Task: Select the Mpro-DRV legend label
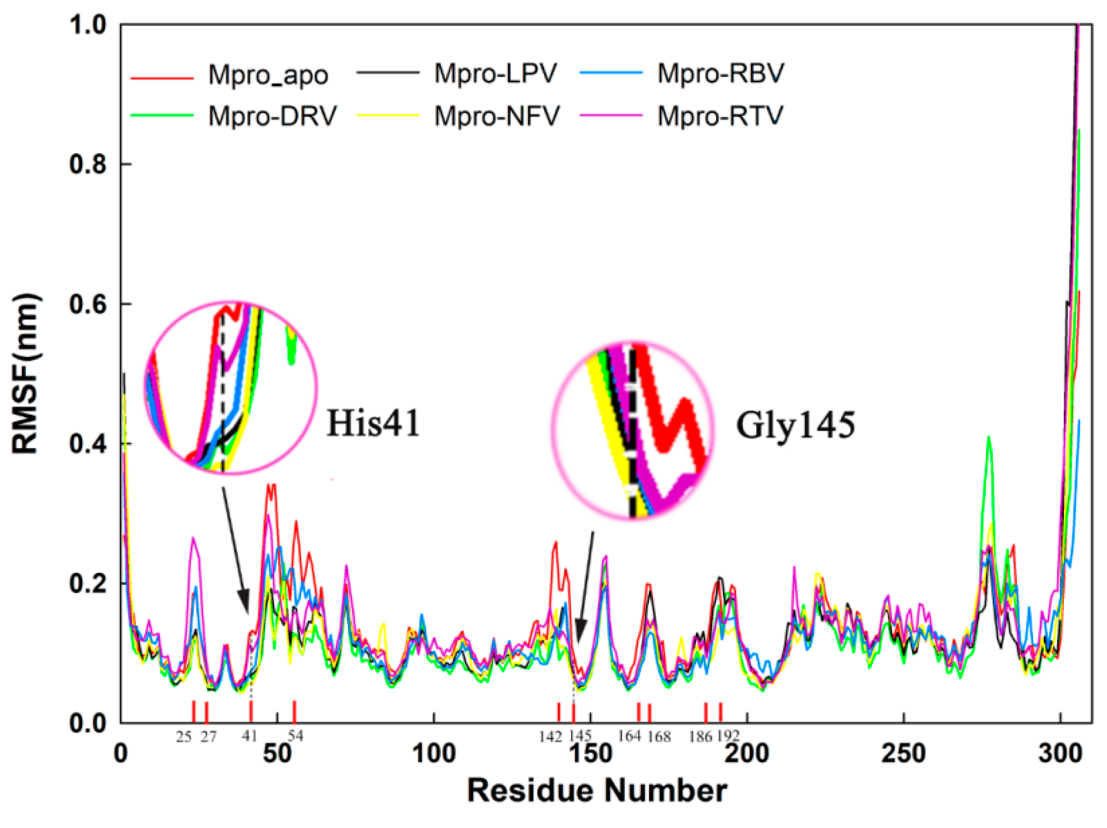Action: pyautogui.click(x=272, y=116)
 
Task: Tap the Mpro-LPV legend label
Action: pyautogui.click(x=495, y=73)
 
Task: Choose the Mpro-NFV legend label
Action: pyautogui.click(x=497, y=116)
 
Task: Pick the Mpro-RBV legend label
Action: pyautogui.click(x=720, y=73)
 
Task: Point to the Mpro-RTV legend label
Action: pyautogui.click(x=720, y=116)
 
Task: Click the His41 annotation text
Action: pyautogui.click(x=373, y=423)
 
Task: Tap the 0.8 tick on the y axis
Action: pyautogui.click(x=89, y=164)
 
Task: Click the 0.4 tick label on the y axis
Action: pyautogui.click(x=89, y=444)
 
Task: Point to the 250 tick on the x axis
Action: pyautogui.click(x=903, y=753)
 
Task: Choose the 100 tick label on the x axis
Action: pyautogui.click(x=433, y=753)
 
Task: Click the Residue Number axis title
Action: pyautogui.click(x=597, y=791)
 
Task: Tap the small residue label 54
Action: pyautogui.click(x=295, y=735)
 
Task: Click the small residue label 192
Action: pyautogui.click(x=728, y=736)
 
